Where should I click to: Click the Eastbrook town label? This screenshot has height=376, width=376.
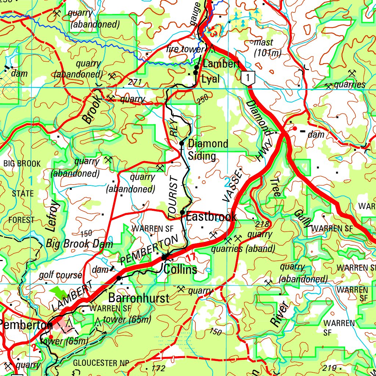pyautogui.click(x=211, y=217)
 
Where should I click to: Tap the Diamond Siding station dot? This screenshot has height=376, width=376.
pyautogui.click(x=181, y=143)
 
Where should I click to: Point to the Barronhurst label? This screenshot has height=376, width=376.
pyautogui.click(x=139, y=298)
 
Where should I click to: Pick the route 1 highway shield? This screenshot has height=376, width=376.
pyautogui.click(x=249, y=78)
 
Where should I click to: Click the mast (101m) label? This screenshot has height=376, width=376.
pyautogui.click(x=268, y=48)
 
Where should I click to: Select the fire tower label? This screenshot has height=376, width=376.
pyautogui.click(x=185, y=49)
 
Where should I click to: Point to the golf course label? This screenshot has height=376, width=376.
pyautogui.click(x=61, y=275)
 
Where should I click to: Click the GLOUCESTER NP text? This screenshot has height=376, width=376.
pyautogui.click(x=101, y=363)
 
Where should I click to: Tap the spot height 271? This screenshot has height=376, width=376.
pyautogui.click(x=135, y=82)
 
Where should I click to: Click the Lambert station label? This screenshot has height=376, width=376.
pyautogui.click(x=221, y=64)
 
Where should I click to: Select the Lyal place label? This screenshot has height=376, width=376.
pyautogui.click(x=211, y=79)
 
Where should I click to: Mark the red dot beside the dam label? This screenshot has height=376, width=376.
pyautogui.click(x=294, y=129)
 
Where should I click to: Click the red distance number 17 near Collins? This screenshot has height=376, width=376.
pyautogui.click(x=191, y=257)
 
